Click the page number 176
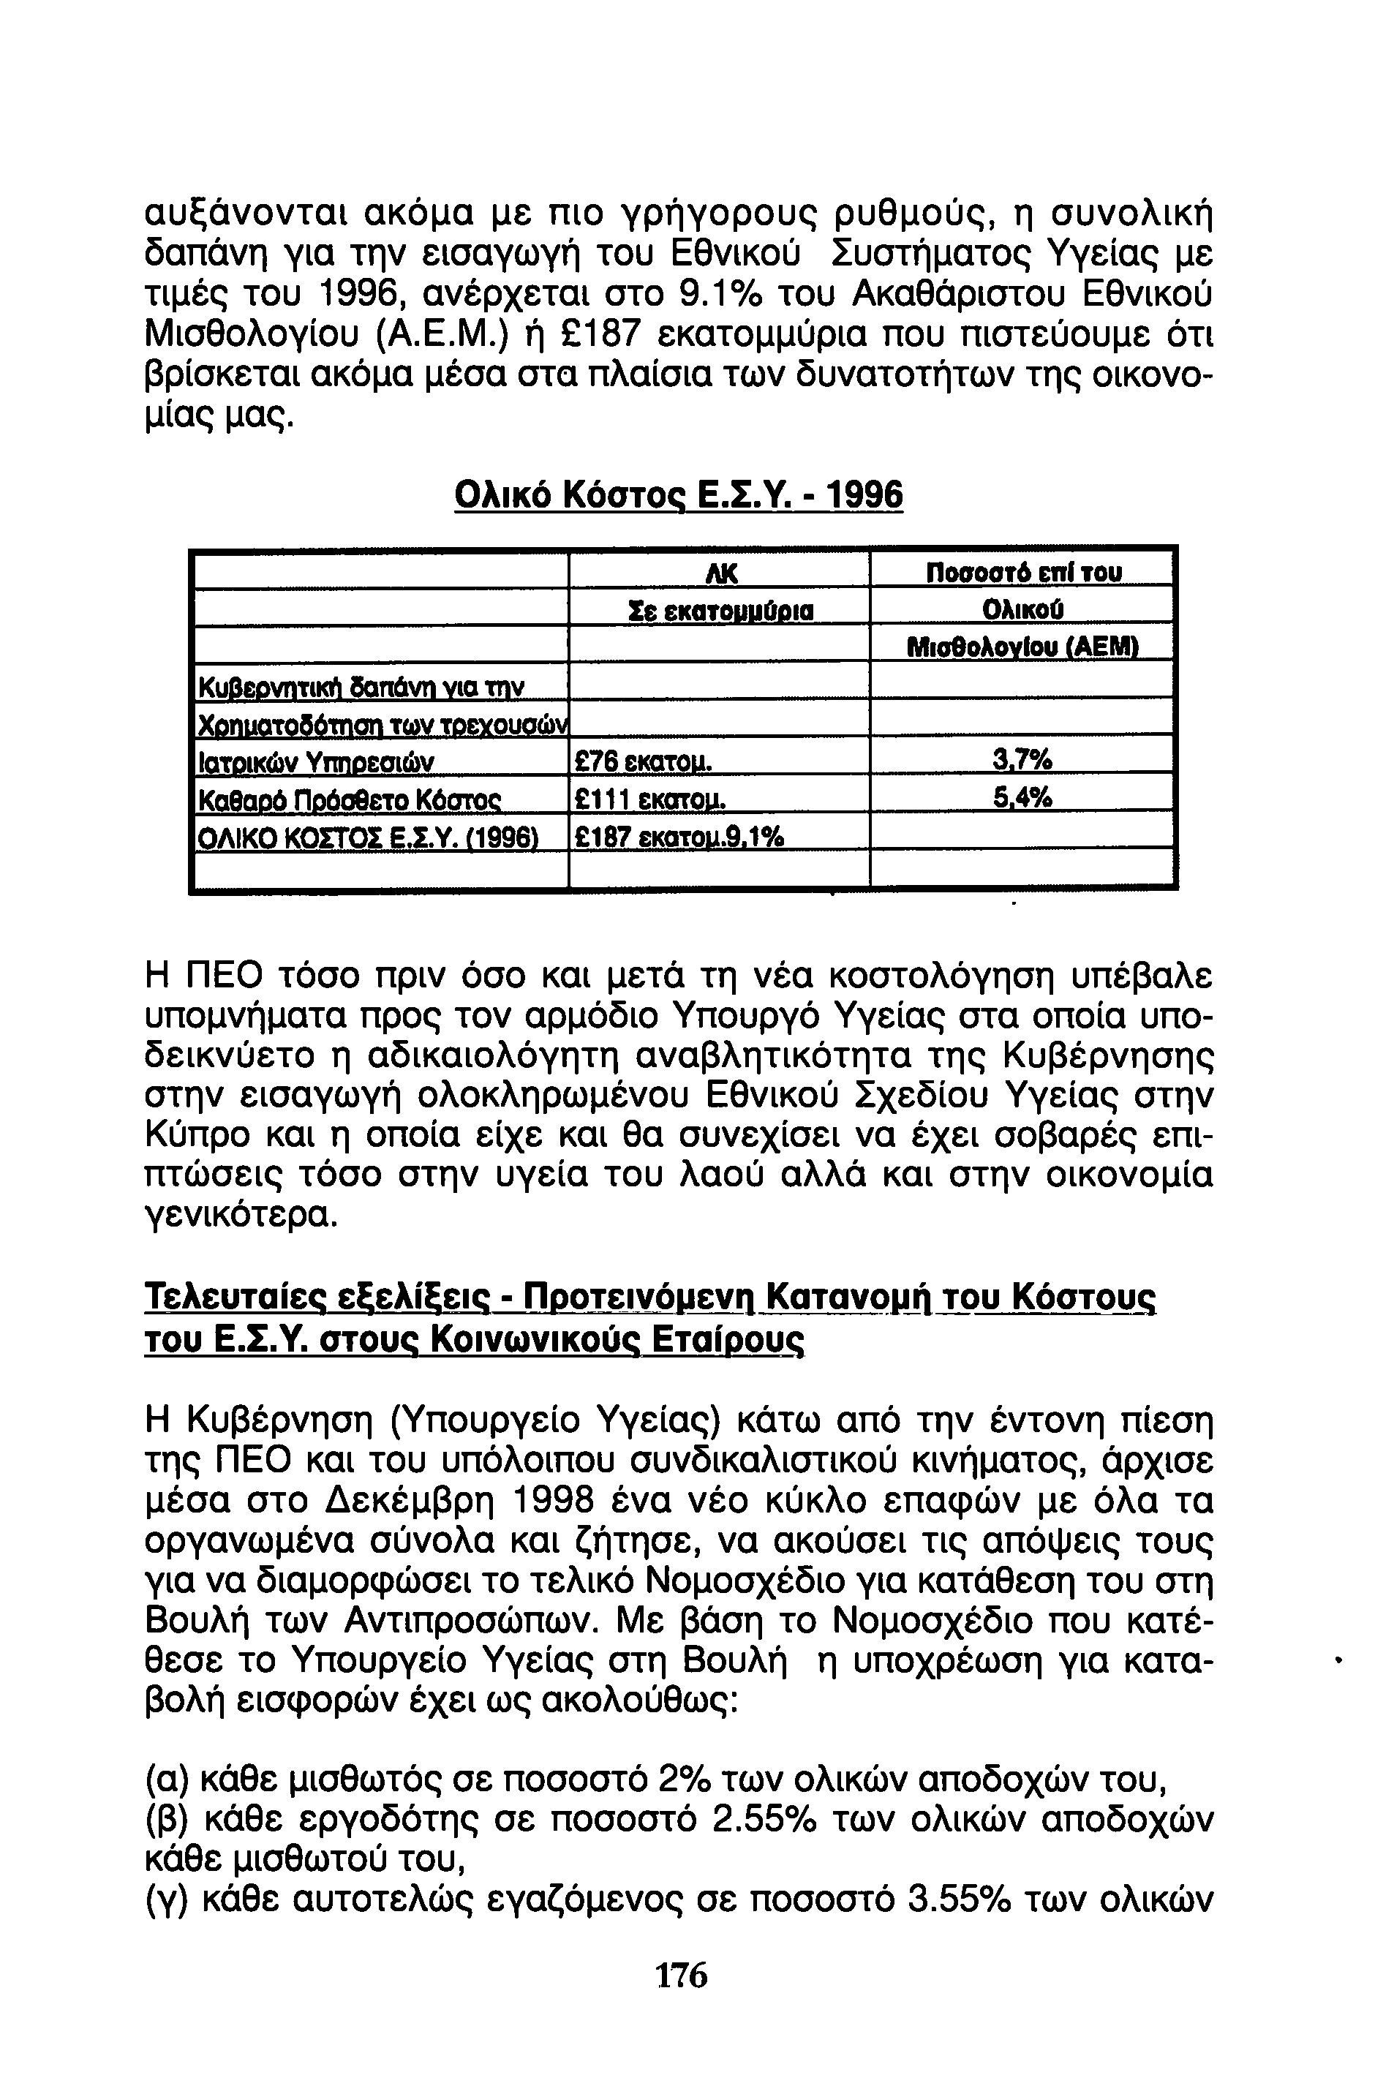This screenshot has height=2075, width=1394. (681, 1976)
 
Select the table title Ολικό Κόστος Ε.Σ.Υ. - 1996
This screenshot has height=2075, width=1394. (678, 494)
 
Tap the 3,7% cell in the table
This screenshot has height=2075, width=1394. (1022, 760)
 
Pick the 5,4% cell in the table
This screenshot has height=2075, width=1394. (1022, 799)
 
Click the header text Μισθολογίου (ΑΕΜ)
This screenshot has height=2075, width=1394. (1022, 647)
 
